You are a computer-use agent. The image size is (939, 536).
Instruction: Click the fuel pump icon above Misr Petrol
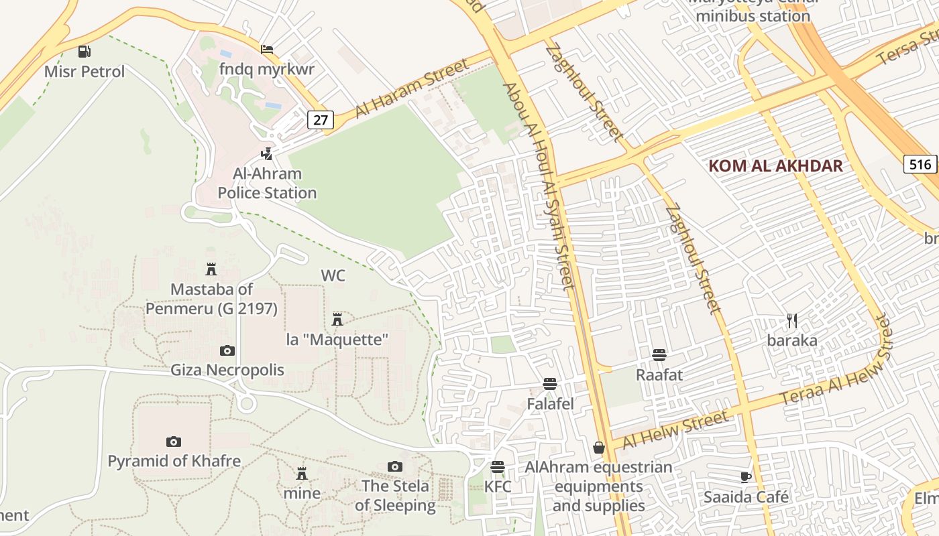tap(84, 51)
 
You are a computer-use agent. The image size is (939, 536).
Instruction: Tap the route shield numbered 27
tap(321, 120)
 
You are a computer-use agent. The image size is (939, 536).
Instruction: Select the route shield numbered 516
tap(920, 164)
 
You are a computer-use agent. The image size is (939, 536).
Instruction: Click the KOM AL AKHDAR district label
tap(775, 166)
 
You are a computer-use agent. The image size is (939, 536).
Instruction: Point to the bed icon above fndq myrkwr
tap(267, 50)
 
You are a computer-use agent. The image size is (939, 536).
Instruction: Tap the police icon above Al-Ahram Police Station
tap(267, 154)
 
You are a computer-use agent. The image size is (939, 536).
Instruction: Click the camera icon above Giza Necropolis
tap(227, 350)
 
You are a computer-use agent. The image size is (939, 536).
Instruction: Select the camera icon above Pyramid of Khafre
tap(174, 442)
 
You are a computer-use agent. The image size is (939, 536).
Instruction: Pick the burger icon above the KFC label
tap(498, 467)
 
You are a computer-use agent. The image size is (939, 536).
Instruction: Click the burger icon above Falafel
tap(550, 384)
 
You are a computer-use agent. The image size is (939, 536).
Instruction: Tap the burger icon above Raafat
tap(659, 354)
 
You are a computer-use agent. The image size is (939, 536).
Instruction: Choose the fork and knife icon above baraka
tap(792, 320)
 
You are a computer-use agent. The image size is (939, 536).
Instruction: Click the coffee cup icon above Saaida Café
tap(746, 477)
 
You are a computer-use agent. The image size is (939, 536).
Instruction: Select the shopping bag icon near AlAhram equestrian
tap(599, 447)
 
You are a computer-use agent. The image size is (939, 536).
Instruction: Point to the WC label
tap(333, 276)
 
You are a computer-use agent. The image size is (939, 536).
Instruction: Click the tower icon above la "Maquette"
tap(337, 319)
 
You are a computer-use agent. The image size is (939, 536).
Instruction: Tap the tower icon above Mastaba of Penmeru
tap(211, 269)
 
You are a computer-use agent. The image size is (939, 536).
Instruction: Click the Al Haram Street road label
tap(412, 89)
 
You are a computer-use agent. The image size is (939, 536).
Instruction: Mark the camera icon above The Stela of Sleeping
tap(395, 466)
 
